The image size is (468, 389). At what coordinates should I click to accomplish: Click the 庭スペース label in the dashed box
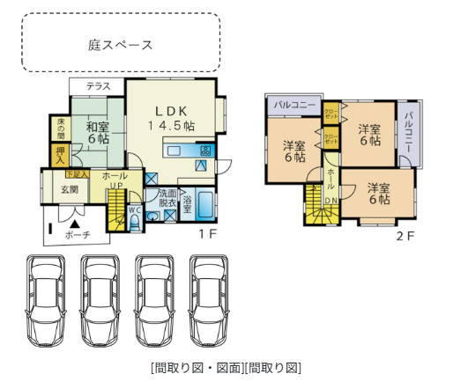click(121, 44)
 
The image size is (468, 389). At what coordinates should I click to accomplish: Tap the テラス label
click(98, 85)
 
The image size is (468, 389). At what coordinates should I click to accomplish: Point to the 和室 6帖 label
click(97, 132)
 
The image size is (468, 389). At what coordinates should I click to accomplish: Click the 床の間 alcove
click(60, 128)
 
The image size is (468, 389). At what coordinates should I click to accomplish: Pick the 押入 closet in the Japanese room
click(60, 156)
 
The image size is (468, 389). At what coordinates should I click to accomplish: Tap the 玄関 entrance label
click(69, 188)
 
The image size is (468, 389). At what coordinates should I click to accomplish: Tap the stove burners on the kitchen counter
click(204, 150)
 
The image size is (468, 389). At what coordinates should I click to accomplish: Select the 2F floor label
click(404, 236)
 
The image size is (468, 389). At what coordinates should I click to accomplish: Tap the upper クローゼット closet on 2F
click(331, 113)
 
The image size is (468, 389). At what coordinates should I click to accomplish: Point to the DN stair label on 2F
click(331, 200)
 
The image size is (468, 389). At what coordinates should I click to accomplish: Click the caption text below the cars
click(226, 367)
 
